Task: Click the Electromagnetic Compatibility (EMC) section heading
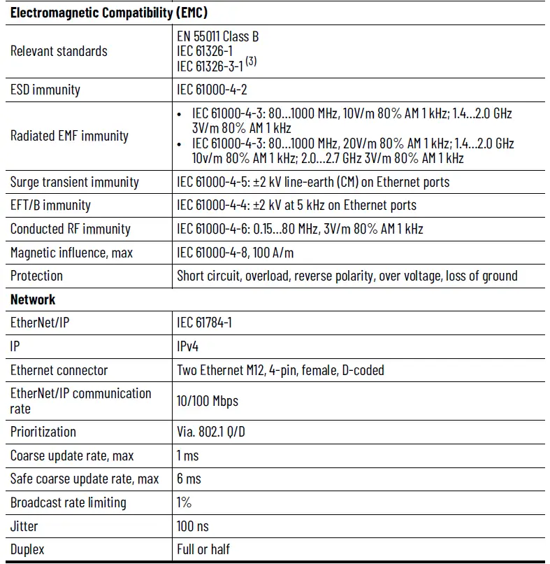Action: click(108, 13)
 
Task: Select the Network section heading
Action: click(33, 299)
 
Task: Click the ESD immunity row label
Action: click(45, 90)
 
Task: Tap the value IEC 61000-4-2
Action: click(217, 90)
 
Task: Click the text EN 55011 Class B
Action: click(217, 36)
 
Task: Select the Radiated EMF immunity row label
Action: click(69, 136)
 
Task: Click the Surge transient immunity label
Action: click(74, 182)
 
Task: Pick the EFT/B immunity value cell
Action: click(296, 206)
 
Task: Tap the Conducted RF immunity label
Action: click(70, 229)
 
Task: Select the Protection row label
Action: click(36, 276)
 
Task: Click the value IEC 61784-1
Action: click(208, 323)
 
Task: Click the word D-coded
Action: click(362, 370)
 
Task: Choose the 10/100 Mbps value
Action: click(208, 401)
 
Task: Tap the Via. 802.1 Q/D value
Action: click(211, 432)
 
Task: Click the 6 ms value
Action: click(189, 479)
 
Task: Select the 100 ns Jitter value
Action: click(193, 526)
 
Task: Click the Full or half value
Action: click(203, 549)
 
